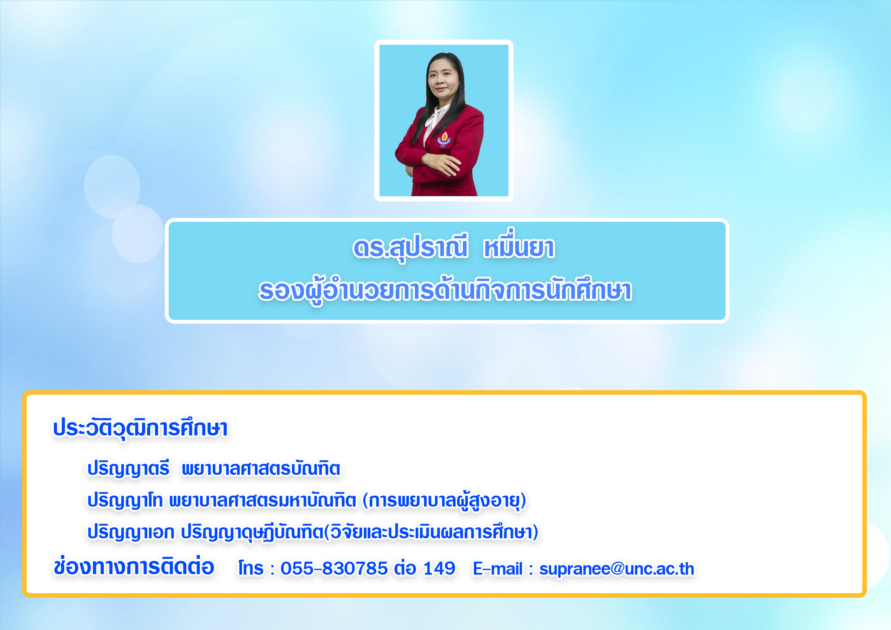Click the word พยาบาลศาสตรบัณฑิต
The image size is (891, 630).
click(x=261, y=468)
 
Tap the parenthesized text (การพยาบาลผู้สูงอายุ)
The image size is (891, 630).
click(x=444, y=501)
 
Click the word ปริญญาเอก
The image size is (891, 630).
click(x=131, y=532)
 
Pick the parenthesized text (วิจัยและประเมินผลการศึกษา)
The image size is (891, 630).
click(x=431, y=532)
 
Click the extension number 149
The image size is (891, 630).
click(x=439, y=569)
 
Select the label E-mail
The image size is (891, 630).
click(x=498, y=569)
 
